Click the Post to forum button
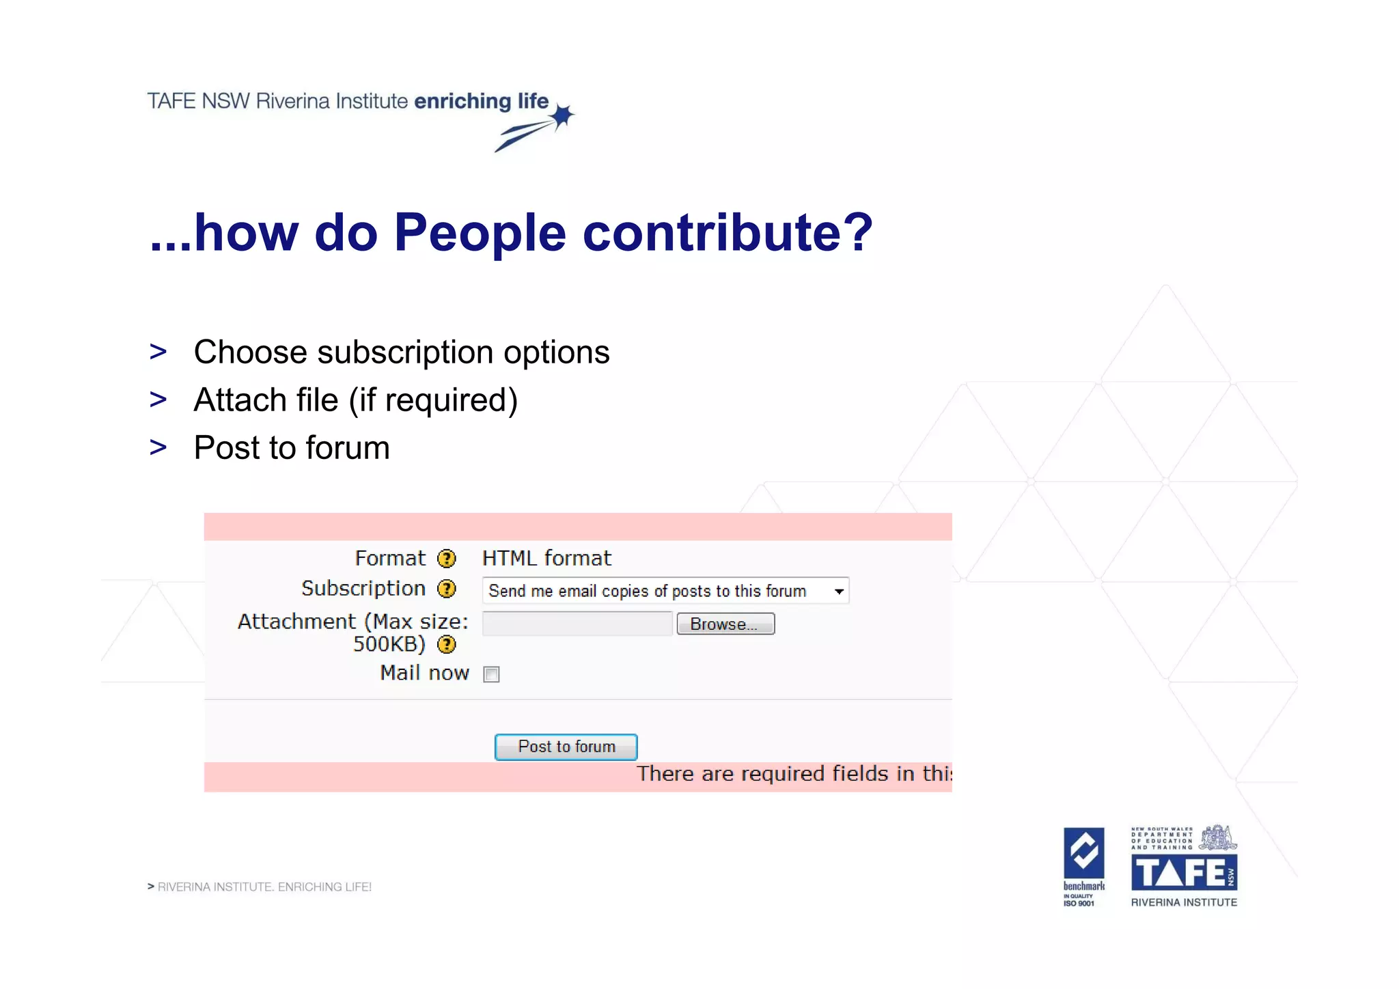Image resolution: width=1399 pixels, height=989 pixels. coord(566,747)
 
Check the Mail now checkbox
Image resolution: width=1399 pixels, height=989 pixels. coord(491,675)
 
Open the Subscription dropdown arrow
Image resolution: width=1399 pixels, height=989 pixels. coord(838,591)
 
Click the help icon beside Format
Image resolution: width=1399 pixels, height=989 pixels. coord(447,559)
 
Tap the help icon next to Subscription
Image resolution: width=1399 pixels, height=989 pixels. coord(447,589)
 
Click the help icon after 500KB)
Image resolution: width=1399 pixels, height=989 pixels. coord(447,644)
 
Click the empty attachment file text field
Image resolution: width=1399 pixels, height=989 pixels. coord(577,624)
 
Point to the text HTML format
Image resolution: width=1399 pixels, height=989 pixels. coord(546,559)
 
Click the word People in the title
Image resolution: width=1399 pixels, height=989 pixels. coord(480,233)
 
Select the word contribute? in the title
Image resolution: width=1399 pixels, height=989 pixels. coord(728,233)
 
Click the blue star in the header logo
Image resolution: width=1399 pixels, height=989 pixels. coord(563,117)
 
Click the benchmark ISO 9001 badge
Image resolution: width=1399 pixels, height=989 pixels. coord(1083,866)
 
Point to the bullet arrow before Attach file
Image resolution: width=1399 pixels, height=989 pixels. coord(158,400)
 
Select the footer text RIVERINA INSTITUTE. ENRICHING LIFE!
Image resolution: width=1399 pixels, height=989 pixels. coord(264,887)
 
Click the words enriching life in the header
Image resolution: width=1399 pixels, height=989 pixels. coord(481,101)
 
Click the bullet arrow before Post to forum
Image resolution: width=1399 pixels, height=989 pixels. coord(158,448)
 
